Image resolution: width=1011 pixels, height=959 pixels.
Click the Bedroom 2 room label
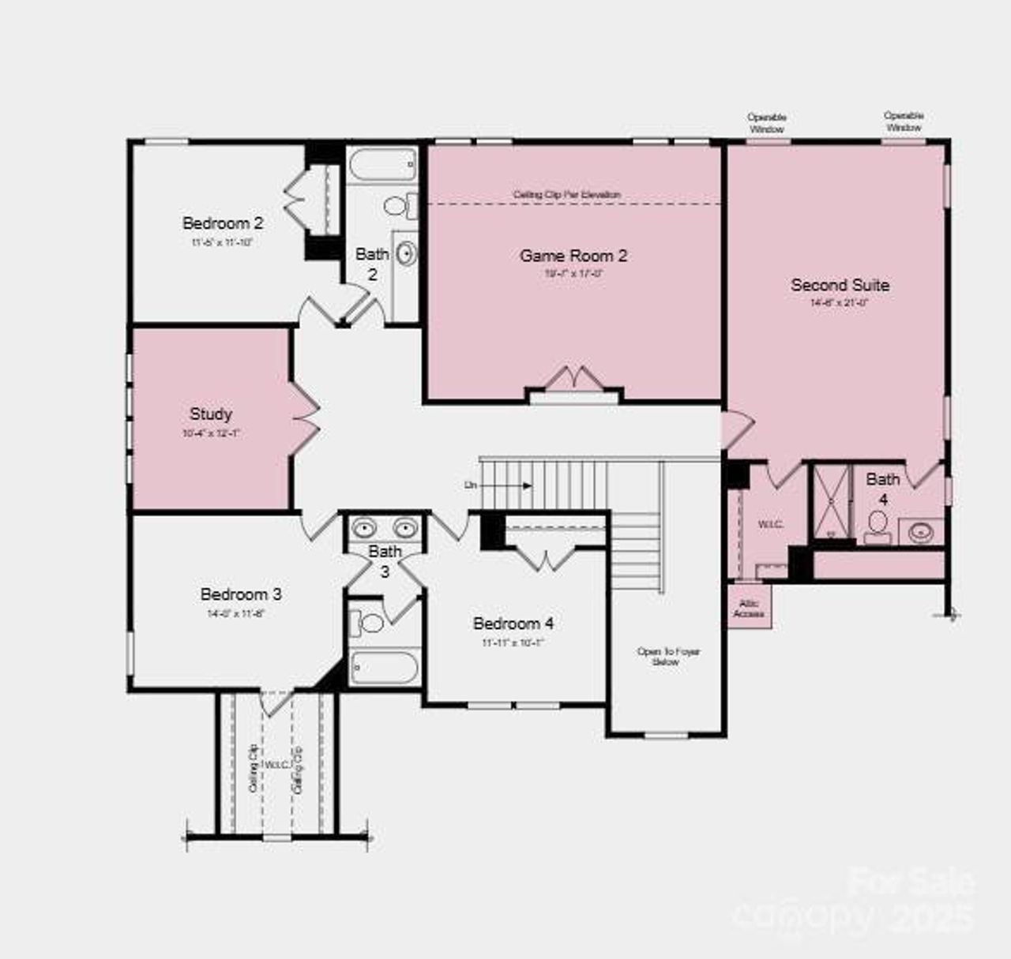[x=223, y=224]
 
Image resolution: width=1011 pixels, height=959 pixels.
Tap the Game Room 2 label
[x=573, y=256]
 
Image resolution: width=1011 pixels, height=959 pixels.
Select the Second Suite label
[x=840, y=285]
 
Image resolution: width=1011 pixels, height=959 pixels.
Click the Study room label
[x=211, y=414]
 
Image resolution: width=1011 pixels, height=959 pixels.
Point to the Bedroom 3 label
[x=241, y=594]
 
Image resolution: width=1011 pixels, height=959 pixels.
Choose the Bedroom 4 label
[x=513, y=624]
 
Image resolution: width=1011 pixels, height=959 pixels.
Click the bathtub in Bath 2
[x=382, y=167]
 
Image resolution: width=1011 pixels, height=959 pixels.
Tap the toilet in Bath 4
[x=877, y=526]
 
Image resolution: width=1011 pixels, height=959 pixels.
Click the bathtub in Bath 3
[x=384, y=669]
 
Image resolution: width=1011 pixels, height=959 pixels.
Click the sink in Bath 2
[x=405, y=254]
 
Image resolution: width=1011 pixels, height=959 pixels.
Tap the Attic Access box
[x=749, y=608]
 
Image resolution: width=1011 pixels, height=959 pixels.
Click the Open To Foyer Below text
[x=668, y=657]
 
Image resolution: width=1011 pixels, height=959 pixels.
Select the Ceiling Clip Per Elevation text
[x=567, y=194]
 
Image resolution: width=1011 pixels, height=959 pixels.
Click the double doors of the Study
[x=305, y=420]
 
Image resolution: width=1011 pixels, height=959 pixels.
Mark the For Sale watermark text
[x=911, y=882]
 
